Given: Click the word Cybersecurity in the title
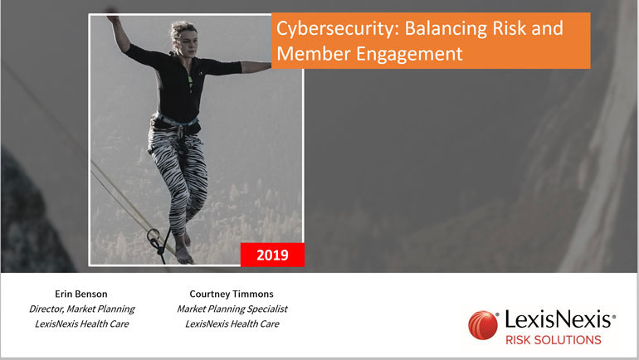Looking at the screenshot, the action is (338, 28).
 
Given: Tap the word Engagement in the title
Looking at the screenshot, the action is (410, 54).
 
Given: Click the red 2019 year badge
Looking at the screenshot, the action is (272, 255).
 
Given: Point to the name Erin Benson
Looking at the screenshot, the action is (81, 294).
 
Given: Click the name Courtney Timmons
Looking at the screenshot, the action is (232, 294).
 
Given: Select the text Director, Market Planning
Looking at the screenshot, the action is (81, 309).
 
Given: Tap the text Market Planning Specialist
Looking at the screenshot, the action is (232, 309).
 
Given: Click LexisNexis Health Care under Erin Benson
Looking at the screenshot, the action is (81, 324).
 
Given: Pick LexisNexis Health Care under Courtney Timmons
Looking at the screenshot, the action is (232, 324).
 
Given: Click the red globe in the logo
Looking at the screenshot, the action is (483, 325).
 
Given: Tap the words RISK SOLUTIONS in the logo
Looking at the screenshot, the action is (553, 339).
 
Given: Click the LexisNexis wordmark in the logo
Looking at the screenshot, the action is (559, 319).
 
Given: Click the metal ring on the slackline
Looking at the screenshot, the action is (154, 235).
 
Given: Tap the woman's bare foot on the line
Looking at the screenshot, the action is (183, 255).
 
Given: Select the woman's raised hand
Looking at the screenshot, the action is (112, 18).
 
